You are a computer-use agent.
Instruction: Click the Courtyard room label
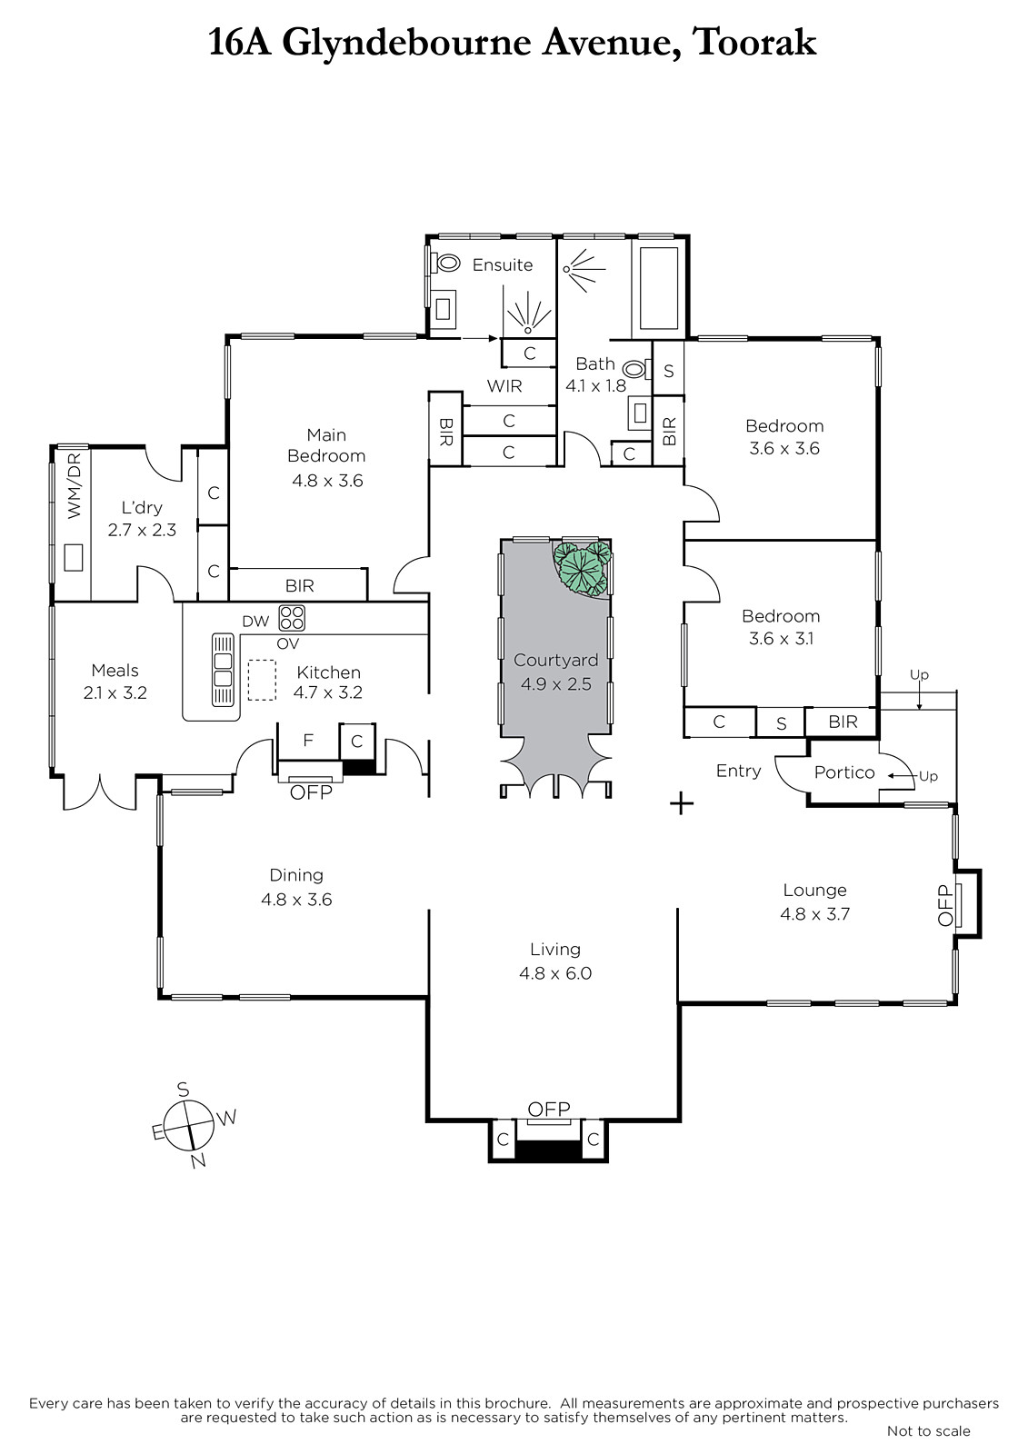click(x=555, y=660)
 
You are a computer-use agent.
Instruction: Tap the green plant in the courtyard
click(x=583, y=568)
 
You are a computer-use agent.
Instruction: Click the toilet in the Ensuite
click(x=445, y=263)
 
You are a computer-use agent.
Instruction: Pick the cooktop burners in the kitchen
click(x=292, y=617)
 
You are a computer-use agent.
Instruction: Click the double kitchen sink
click(x=223, y=670)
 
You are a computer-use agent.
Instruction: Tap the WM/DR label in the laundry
click(x=75, y=485)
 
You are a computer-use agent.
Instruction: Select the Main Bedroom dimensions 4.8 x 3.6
click(x=327, y=481)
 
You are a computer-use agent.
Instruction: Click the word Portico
click(x=844, y=772)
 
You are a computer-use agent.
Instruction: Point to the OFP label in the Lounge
click(x=945, y=904)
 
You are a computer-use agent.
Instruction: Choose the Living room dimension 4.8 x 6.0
click(x=555, y=973)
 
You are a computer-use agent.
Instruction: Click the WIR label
click(x=504, y=386)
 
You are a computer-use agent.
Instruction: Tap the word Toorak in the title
click(x=754, y=43)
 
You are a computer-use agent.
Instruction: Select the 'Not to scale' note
click(x=929, y=1430)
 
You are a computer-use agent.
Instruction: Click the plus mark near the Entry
click(x=681, y=803)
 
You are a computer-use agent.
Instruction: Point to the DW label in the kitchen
click(x=255, y=622)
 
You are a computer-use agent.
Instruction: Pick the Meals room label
click(x=115, y=671)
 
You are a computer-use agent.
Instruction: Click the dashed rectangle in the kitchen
click(x=262, y=681)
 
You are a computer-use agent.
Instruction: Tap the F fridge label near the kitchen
click(x=308, y=740)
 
